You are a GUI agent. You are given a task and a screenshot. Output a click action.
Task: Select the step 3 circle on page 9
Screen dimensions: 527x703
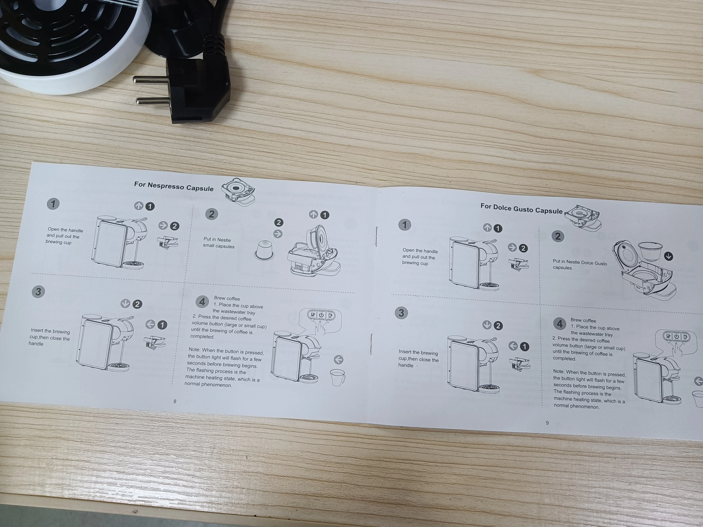click(x=401, y=313)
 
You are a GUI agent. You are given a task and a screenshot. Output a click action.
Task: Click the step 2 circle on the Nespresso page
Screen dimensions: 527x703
click(x=212, y=214)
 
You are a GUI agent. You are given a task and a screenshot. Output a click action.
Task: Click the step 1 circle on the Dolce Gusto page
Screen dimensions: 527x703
click(x=405, y=225)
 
